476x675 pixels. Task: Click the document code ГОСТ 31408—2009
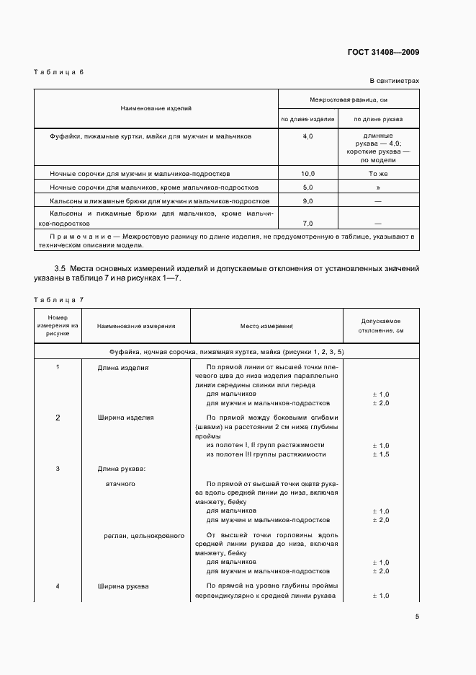382,52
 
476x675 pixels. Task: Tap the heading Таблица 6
59,72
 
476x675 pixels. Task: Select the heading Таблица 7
59,299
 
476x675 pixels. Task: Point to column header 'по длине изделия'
307,119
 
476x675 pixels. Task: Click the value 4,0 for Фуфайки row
307,136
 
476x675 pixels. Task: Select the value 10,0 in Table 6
307,174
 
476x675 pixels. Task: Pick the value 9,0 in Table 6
307,200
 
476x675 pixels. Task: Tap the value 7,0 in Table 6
307,224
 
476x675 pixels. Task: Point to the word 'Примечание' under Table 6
74,236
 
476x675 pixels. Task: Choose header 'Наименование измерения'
136,326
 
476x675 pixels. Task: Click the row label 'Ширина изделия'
125,418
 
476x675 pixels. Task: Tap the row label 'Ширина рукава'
123,586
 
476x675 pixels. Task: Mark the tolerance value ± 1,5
380,454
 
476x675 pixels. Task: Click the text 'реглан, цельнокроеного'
145,536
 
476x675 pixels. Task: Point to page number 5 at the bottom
417,616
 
